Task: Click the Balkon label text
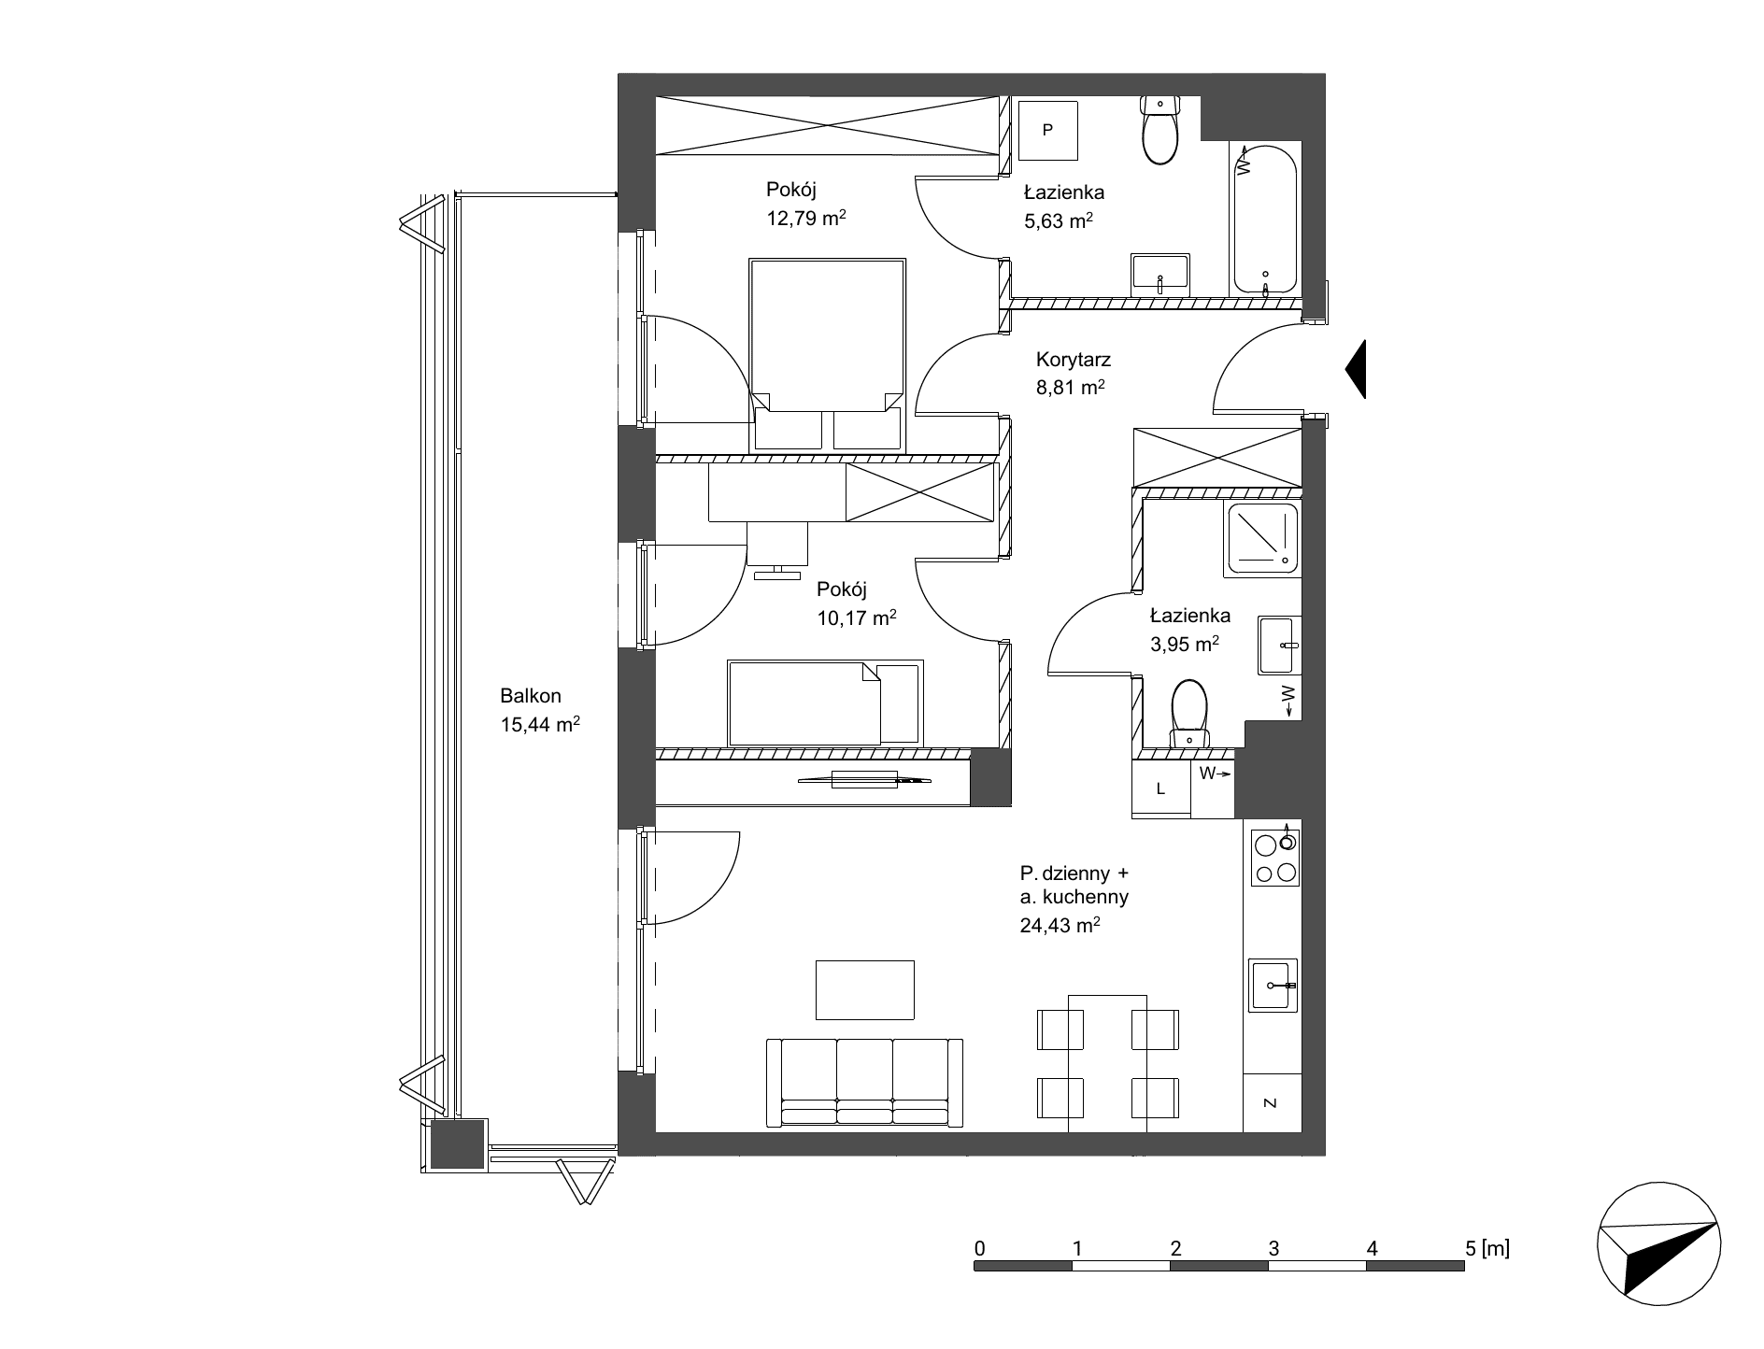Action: click(530, 696)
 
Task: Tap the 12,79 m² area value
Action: click(805, 220)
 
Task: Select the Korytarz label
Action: click(1074, 359)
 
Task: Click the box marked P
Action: click(1047, 130)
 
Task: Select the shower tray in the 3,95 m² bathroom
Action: click(1262, 537)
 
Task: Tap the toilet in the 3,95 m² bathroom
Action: click(1188, 714)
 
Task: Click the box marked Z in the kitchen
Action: click(1272, 1102)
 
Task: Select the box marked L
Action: click(1161, 788)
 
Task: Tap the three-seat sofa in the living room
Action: click(864, 1083)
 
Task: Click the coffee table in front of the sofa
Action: click(865, 989)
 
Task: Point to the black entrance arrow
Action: click(1356, 370)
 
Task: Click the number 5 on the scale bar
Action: click(1471, 1247)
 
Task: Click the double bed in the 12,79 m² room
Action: click(828, 355)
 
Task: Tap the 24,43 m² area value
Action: click(1060, 926)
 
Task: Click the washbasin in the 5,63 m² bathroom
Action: click(1160, 273)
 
